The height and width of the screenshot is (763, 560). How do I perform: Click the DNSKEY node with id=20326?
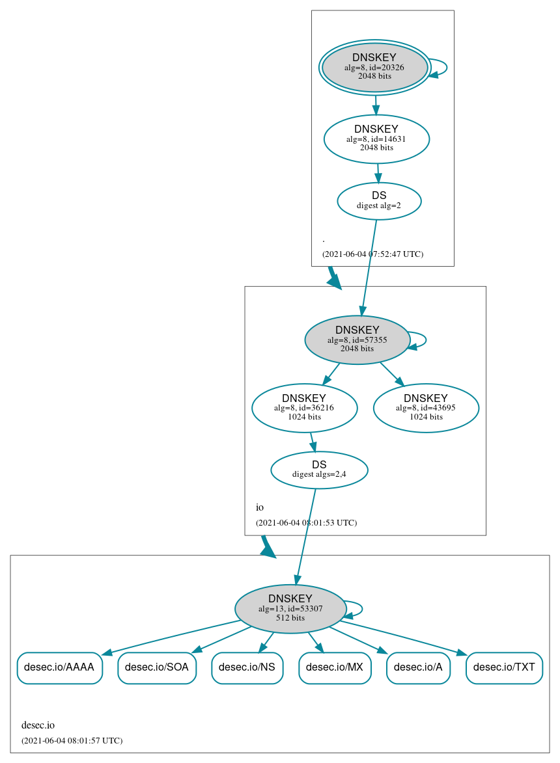tap(374, 67)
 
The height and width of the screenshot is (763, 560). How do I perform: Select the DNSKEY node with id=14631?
tap(376, 139)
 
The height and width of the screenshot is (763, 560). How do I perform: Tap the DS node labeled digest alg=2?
tap(379, 200)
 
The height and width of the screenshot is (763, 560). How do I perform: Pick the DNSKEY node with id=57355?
tap(357, 340)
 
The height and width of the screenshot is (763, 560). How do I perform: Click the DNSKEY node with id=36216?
tap(304, 408)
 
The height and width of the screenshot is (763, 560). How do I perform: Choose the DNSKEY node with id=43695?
tap(426, 408)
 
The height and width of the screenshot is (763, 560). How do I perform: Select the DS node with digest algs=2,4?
tap(319, 470)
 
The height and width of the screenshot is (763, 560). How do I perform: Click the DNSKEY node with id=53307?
tap(290, 609)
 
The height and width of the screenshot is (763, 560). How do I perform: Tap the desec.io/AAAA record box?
tap(59, 667)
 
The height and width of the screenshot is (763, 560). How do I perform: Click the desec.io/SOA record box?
tap(157, 667)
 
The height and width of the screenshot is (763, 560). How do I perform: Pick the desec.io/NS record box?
tap(247, 667)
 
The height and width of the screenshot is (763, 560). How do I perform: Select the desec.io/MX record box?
tap(335, 667)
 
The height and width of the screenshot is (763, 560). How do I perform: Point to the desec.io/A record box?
tap(418, 667)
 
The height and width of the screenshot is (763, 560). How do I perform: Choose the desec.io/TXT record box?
tap(504, 667)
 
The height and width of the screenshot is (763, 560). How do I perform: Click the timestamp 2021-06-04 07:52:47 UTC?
tap(372, 254)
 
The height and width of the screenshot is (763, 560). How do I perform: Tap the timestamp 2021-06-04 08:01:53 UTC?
tap(306, 523)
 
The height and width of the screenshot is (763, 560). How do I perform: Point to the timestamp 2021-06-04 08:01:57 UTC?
tap(72, 741)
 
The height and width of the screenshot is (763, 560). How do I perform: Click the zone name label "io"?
tap(260, 507)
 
